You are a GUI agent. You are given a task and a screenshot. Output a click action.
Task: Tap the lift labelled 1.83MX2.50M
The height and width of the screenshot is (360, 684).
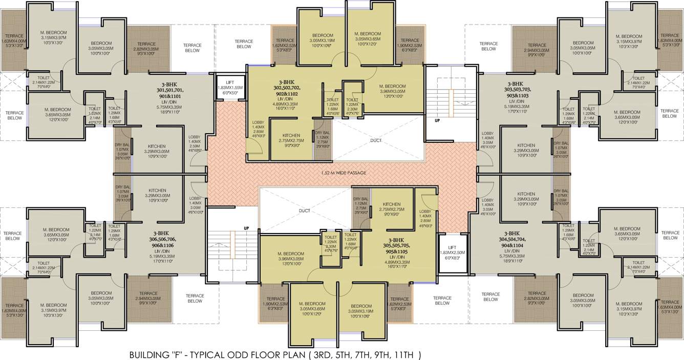(x=453, y=253)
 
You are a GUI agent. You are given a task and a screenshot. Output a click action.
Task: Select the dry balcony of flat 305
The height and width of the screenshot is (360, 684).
(x=361, y=207)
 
